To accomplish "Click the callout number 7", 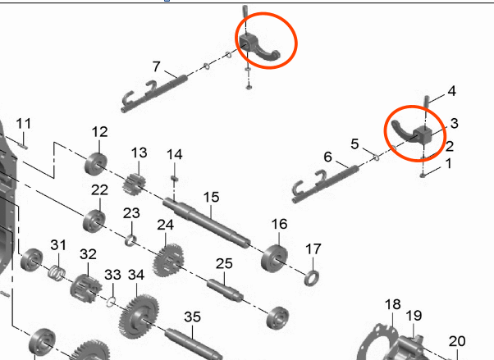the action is point(157,66).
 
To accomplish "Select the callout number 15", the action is point(211,198).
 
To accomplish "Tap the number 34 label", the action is point(136,275).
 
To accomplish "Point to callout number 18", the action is point(393,304).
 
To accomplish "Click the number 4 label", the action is point(452,91).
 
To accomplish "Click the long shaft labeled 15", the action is point(207,222).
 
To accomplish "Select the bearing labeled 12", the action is point(96,164).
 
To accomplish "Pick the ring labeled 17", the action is point(312,278).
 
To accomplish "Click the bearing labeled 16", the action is point(274,258).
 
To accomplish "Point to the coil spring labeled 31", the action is point(57,273).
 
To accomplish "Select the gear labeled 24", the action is point(168,261).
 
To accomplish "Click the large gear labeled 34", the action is point(139,317).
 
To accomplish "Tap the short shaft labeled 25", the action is point(225,291).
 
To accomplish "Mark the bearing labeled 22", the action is point(94,221).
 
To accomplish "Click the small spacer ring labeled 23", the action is point(130,240).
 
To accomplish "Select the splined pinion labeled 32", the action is point(85,288).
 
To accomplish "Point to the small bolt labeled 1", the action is point(423,175).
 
